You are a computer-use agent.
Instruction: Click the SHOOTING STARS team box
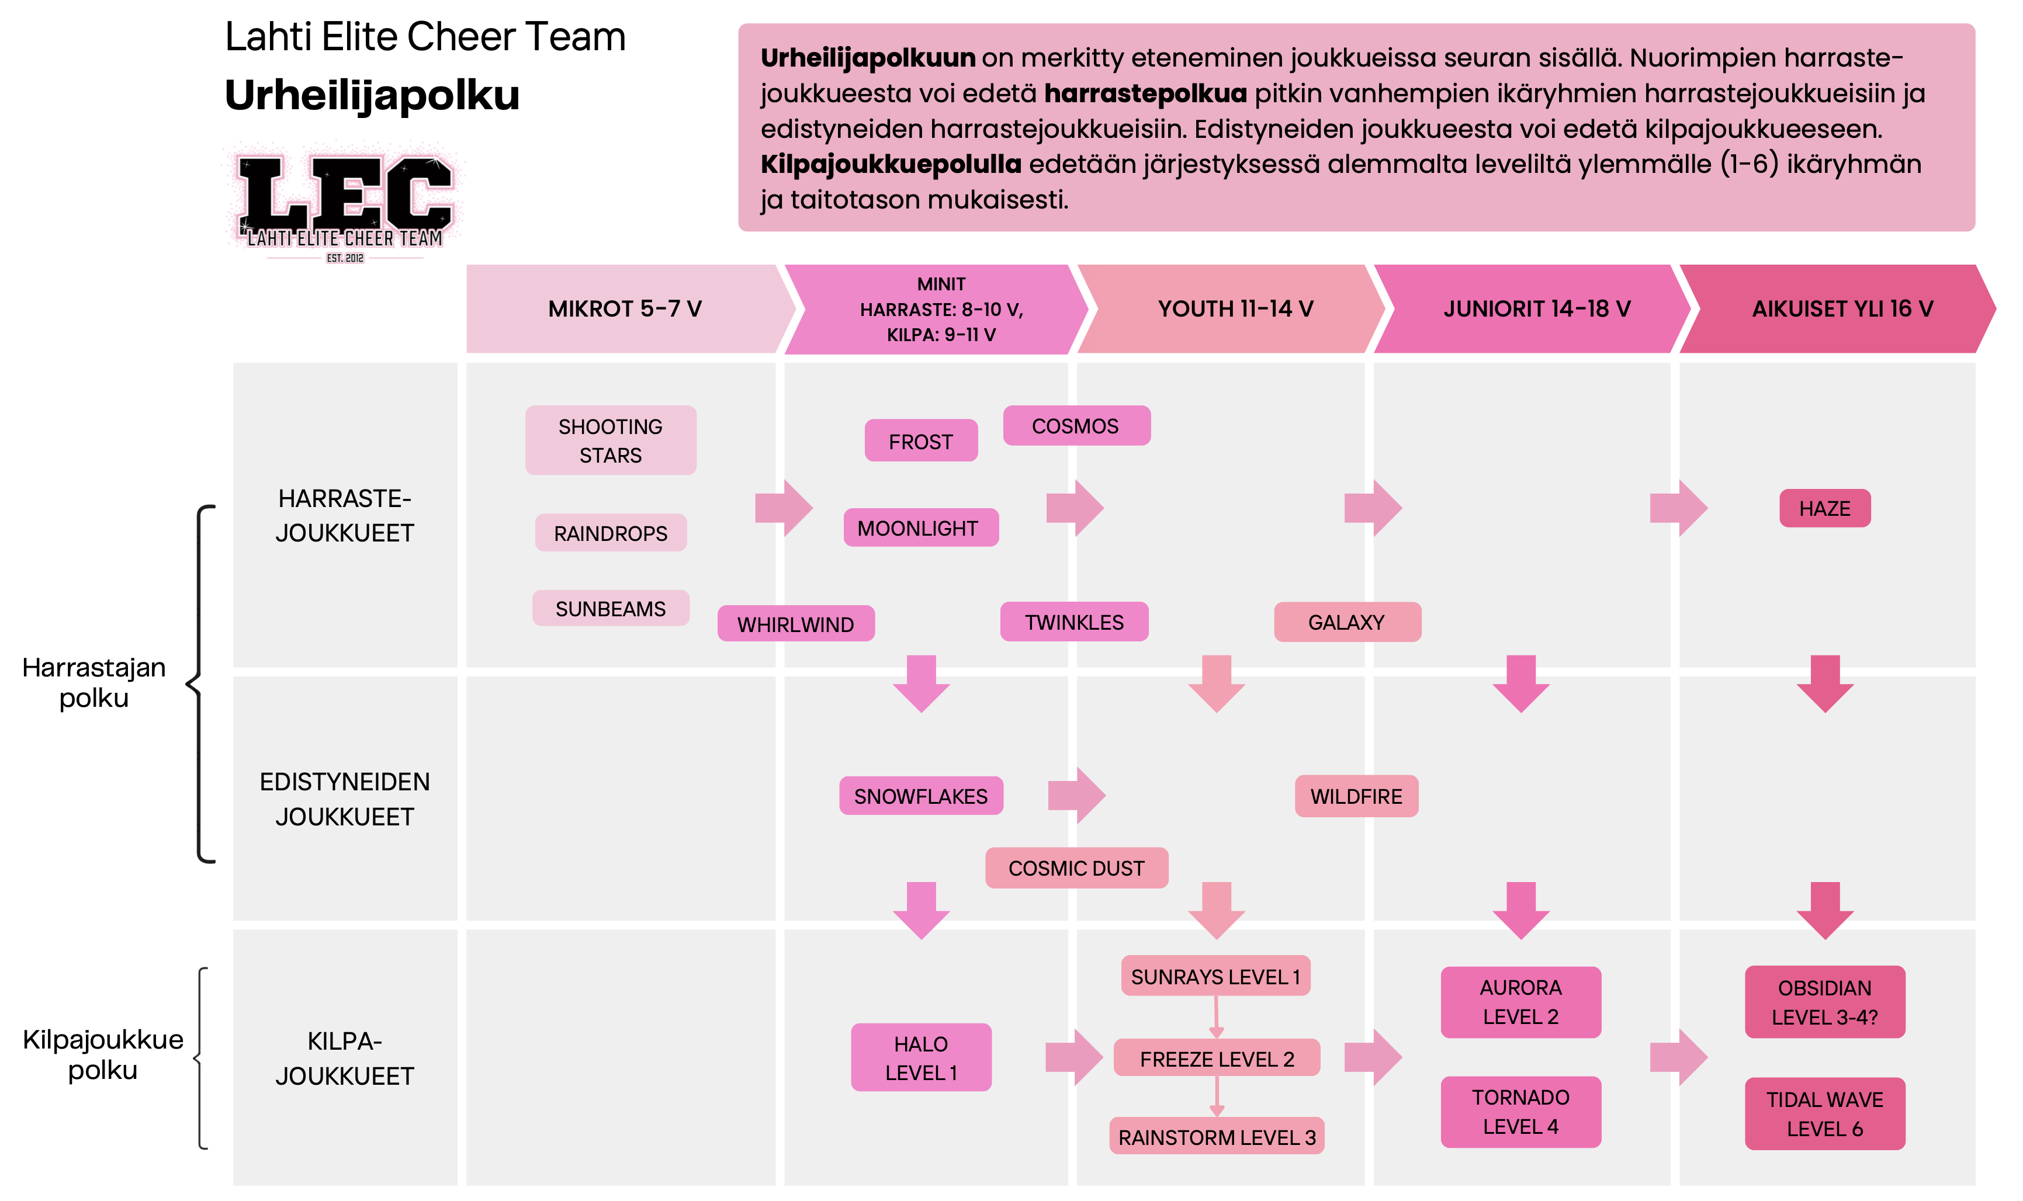pyautogui.click(x=611, y=440)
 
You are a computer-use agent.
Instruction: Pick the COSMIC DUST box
pyautogui.click(x=1076, y=869)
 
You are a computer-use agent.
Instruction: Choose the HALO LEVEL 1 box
pyautogui.click(x=920, y=1058)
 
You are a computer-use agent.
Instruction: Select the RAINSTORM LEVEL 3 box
pyautogui.click(x=1216, y=1137)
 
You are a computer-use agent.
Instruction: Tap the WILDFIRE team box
pyautogui.click(x=1356, y=796)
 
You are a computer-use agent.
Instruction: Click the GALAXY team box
pyautogui.click(x=1346, y=622)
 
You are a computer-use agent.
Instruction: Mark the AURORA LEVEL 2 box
pyautogui.click(x=1520, y=1002)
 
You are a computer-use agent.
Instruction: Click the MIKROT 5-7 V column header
pyautogui.click(x=624, y=308)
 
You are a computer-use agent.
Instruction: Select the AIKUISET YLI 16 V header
pyautogui.click(x=1842, y=308)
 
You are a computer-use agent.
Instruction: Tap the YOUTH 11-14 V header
pyautogui.click(x=1235, y=308)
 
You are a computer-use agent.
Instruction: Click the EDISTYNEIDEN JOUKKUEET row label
pyautogui.click(x=345, y=799)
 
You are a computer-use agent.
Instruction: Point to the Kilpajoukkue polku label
pyautogui.click(x=103, y=1054)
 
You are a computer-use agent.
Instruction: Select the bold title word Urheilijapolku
pyautogui.click(x=372, y=95)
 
